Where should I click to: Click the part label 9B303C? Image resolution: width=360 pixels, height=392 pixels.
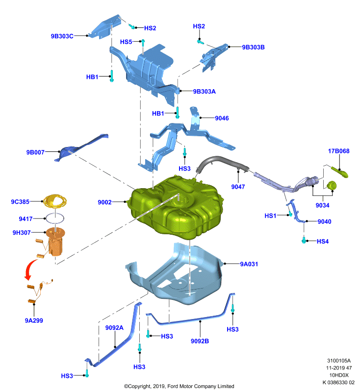[62, 36]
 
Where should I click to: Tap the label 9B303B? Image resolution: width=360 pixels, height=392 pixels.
[253, 47]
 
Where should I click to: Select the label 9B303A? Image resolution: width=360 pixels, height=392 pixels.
[204, 92]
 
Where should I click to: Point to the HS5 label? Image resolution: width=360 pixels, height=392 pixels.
[126, 42]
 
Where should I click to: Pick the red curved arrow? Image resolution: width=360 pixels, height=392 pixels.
[30, 269]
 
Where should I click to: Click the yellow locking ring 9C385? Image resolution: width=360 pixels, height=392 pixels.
[55, 201]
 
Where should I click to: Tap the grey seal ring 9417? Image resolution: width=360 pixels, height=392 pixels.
[55, 218]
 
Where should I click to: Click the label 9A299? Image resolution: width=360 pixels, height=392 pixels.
[34, 320]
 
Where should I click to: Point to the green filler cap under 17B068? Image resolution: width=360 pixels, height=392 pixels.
[331, 186]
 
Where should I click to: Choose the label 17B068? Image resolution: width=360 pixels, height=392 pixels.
[339, 151]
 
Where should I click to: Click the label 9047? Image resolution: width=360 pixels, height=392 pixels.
[238, 187]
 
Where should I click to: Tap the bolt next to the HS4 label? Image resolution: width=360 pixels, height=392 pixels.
[304, 240]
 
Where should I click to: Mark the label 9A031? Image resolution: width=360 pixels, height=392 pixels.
[249, 264]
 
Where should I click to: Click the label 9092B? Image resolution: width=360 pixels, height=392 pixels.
[200, 341]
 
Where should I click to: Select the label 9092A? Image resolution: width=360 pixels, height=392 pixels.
[114, 327]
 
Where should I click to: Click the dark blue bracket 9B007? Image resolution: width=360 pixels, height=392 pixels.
[81, 147]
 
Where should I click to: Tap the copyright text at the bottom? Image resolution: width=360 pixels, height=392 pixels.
[179, 386]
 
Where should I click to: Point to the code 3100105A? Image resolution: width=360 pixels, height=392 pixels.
[339, 361]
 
